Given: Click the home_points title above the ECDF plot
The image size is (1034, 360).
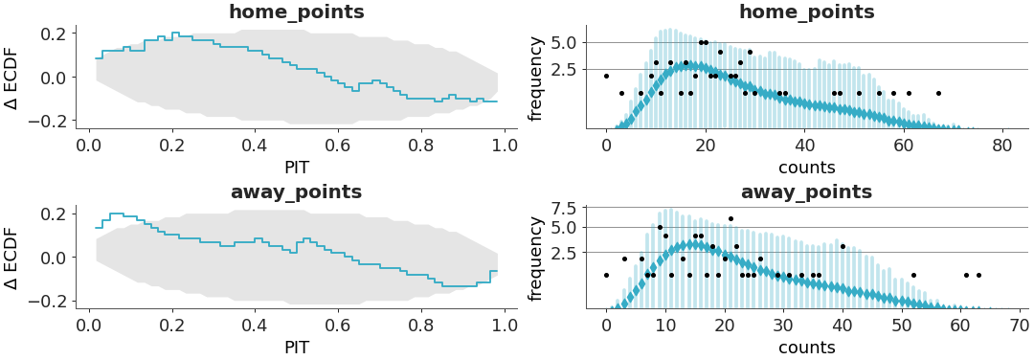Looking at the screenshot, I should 296,12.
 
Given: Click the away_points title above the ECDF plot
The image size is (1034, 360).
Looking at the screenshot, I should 296,192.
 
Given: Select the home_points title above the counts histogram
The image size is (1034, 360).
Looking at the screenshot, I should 806,12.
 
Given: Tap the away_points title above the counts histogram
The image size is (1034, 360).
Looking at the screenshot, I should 806,192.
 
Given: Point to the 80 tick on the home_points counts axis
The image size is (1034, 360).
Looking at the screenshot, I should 1002,145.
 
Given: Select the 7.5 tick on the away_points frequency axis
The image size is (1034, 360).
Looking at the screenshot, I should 564,209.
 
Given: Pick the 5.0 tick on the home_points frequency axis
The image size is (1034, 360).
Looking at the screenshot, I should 564,42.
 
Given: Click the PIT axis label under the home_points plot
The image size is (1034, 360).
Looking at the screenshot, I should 296,167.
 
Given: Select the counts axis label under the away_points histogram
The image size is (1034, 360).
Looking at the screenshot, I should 806,348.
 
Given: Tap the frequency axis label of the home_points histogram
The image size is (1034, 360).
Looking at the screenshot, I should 536,79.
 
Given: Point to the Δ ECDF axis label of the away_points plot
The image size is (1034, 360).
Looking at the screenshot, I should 12,258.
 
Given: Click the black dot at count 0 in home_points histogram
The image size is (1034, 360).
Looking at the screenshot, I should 606,76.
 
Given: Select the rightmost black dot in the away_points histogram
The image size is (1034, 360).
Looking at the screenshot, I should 978,275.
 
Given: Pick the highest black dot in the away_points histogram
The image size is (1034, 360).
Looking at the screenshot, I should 731,218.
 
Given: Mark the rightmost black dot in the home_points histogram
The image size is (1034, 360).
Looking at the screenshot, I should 938,93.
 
